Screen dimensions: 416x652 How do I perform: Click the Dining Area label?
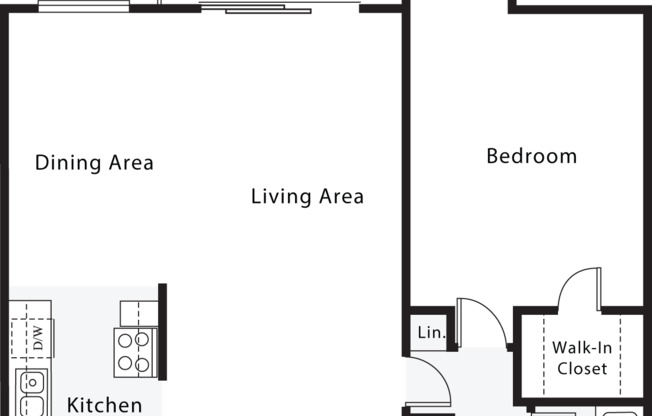(x=94, y=162)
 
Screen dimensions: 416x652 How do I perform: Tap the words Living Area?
(x=307, y=196)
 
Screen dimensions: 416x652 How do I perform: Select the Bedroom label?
(x=531, y=156)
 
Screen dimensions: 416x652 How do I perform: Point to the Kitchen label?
(x=104, y=405)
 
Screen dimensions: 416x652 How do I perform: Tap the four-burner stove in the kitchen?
(x=134, y=351)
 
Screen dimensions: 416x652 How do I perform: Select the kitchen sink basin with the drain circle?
(x=32, y=381)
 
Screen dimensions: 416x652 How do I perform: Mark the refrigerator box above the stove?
(x=136, y=312)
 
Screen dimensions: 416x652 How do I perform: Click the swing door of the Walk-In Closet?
(x=580, y=289)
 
